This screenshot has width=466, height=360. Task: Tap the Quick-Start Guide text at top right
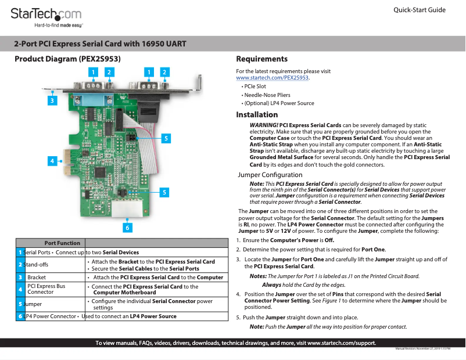click(x=419, y=10)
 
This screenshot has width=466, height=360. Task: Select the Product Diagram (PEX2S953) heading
click(x=67, y=59)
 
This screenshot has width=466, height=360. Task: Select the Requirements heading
click(x=261, y=59)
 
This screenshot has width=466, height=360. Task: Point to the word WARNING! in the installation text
click(x=263, y=125)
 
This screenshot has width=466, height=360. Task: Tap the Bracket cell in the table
click(x=37, y=278)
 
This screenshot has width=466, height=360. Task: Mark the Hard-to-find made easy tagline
click(x=59, y=26)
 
